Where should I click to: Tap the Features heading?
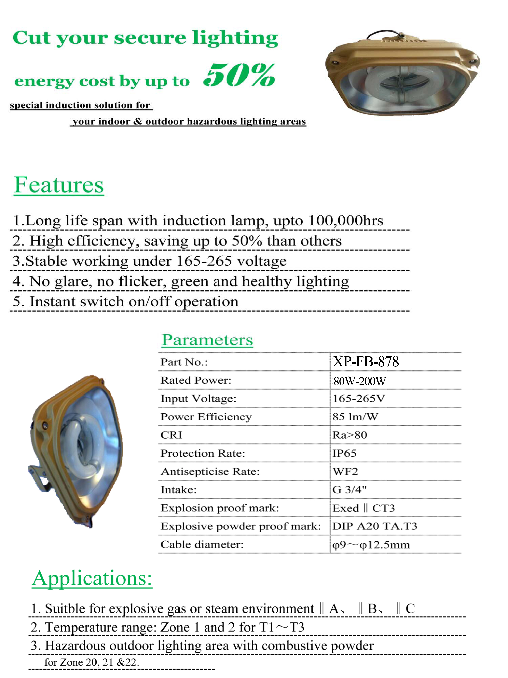[59, 185]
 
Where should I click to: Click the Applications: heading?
[92, 578]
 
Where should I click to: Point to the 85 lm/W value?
[355, 417]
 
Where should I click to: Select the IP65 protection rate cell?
[344, 453]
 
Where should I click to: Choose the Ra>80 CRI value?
[350, 435]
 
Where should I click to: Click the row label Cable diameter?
[202, 544]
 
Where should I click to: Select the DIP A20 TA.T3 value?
[374, 526]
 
